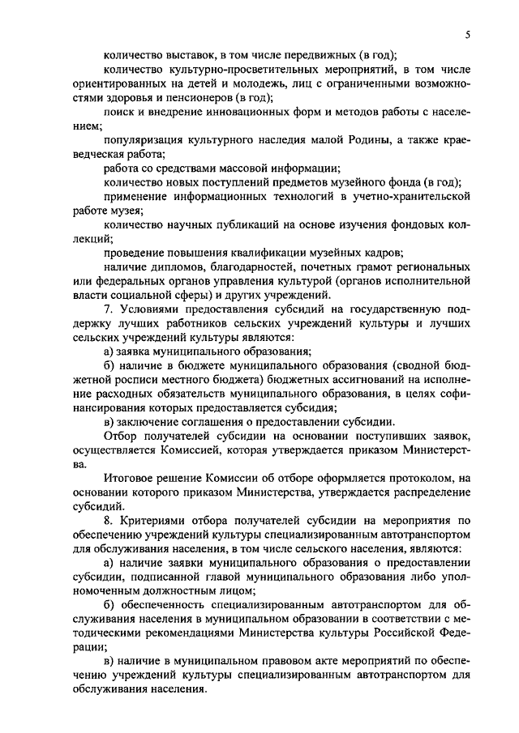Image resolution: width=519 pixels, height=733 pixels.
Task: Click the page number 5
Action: pos(469,35)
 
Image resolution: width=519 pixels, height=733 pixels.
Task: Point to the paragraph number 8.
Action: pos(109,519)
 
